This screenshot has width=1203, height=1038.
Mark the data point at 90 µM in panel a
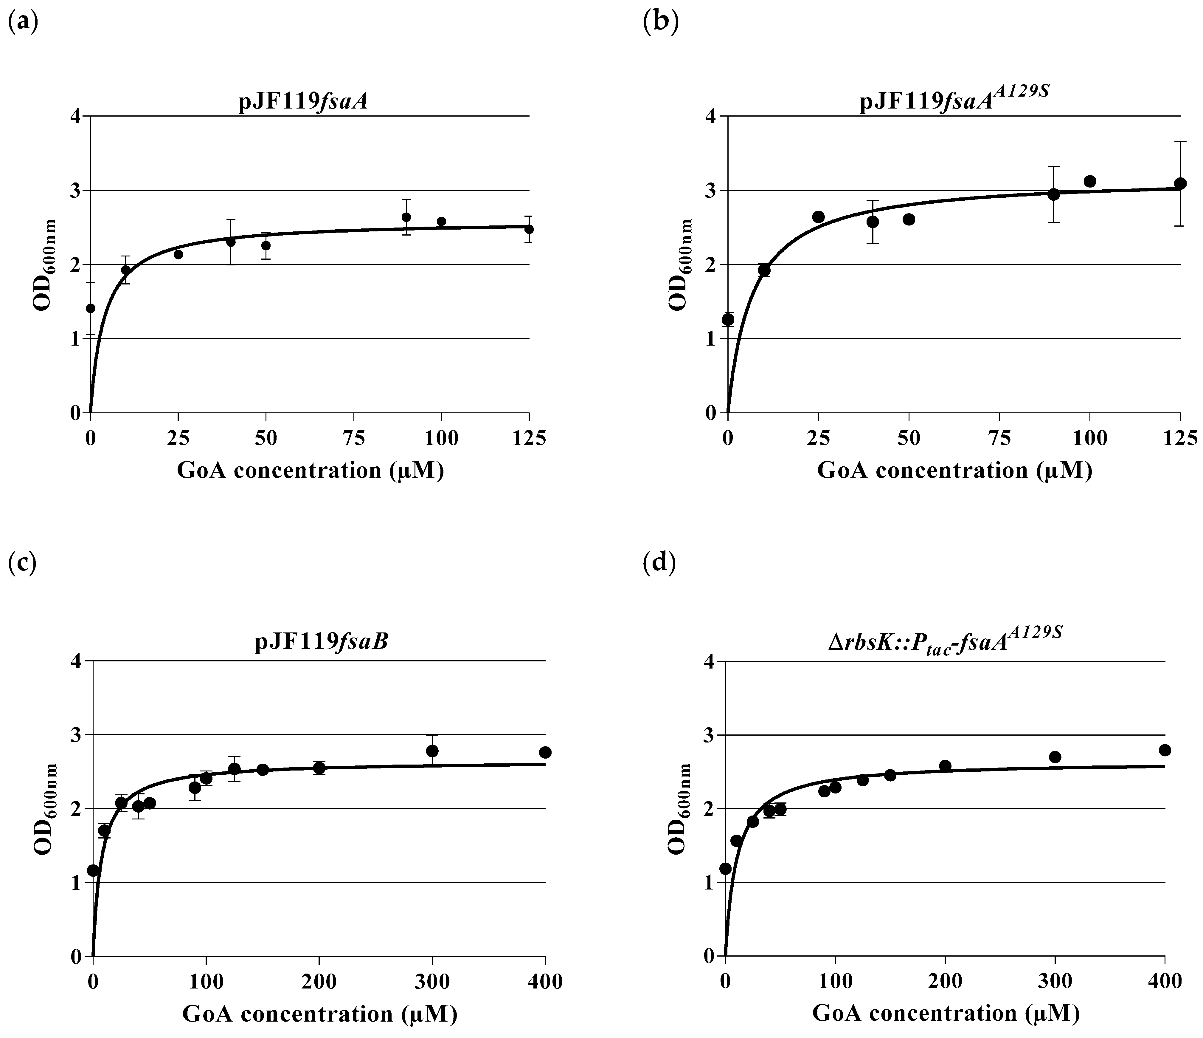406,217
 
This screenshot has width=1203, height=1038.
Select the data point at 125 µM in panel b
1180,184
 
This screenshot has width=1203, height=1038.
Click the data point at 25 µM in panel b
818,217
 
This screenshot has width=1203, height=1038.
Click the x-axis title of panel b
954,471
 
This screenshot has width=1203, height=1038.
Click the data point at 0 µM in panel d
725,868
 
